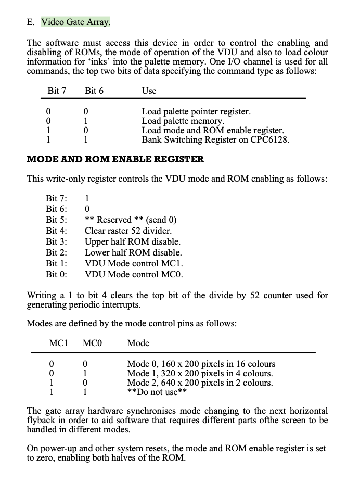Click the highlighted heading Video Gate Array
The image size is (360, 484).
pos(76,22)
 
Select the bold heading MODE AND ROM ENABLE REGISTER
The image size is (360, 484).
pos(115,159)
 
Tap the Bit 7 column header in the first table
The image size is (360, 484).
pos(57,91)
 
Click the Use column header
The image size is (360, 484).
pos(149,91)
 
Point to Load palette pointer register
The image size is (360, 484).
pos(196,111)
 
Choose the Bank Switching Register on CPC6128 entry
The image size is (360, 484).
pos(215,139)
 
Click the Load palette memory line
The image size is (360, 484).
pos(183,121)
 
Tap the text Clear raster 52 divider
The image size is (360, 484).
pos(128,231)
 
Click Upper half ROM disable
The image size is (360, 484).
pos(133,241)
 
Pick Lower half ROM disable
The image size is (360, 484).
pos(133,252)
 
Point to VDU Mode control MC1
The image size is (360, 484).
pos(134,263)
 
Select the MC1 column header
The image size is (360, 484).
pos(58,343)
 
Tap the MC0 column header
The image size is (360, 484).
pos(92,343)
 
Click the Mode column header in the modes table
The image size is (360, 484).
pos(138,343)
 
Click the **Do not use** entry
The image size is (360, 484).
pos(157,392)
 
